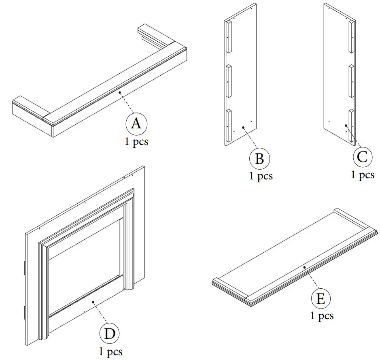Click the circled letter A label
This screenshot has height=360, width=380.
click(x=136, y=124)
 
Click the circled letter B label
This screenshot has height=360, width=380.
click(x=259, y=158)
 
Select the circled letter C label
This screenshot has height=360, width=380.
click(x=363, y=157)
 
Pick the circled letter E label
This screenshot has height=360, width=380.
click(x=321, y=299)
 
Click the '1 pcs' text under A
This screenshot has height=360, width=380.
click(x=136, y=143)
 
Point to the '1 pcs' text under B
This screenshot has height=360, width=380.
click(x=261, y=176)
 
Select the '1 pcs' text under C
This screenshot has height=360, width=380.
click(x=363, y=175)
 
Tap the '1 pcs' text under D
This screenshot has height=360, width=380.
click(x=110, y=352)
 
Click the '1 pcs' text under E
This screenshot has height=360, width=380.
click(x=322, y=316)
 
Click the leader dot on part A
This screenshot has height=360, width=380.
click(x=120, y=93)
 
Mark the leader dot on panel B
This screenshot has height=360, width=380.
click(x=243, y=128)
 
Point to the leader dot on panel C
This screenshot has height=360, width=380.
click(x=346, y=126)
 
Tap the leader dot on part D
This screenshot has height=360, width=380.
click(x=93, y=302)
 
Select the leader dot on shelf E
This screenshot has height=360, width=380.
click(x=304, y=268)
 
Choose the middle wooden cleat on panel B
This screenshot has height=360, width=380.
click(x=228, y=81)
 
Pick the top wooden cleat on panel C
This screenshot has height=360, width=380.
click(x=351, y=36)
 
